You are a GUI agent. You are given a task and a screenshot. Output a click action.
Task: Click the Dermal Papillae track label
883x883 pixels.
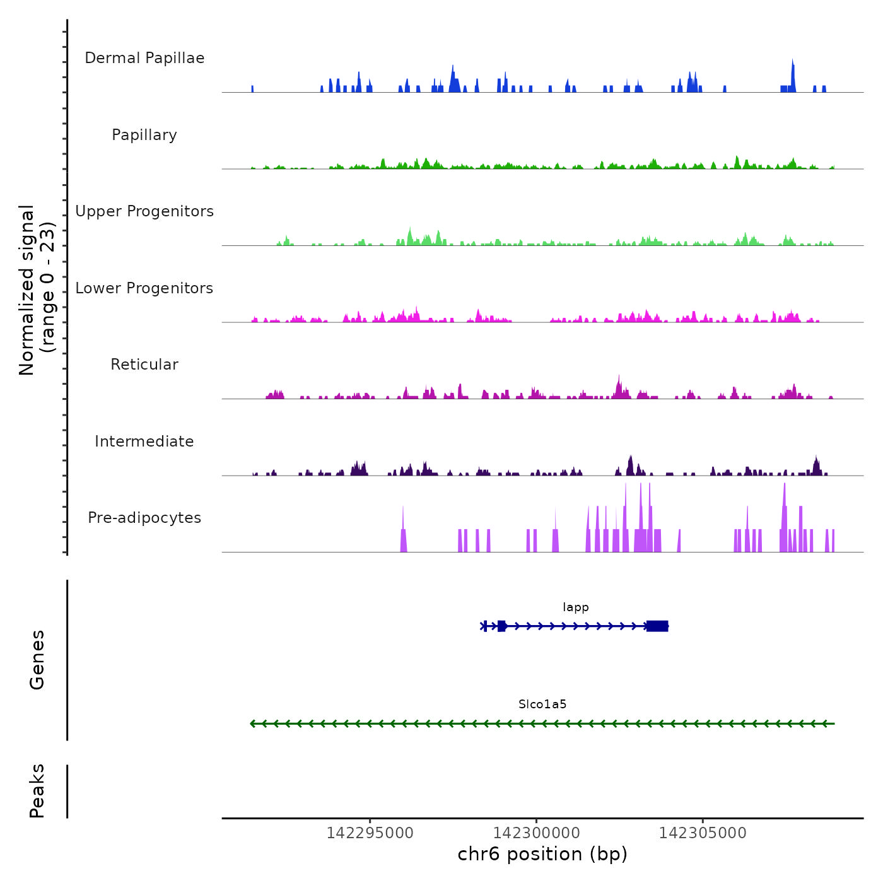click(x=144, y=58)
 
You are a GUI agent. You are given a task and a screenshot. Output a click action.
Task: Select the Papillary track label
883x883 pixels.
click(x=144, y=135)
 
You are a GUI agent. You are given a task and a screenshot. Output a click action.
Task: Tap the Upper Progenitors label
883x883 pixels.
click(x=144, y=211)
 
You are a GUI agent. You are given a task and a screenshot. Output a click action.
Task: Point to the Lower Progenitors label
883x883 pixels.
click(x=144, y=288)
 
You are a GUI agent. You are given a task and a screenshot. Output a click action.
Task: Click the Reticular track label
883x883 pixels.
click(x=144, y=365)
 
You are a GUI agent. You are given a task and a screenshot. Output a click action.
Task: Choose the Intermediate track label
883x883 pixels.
click(x=144, y=441)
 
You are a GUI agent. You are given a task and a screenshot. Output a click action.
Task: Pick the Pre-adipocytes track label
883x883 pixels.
click(x=144, y=518)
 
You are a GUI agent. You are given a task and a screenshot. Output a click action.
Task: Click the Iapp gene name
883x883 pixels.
click(x=576, y=607)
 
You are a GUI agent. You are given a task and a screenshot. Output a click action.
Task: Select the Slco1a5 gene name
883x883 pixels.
click(x=542, y=705)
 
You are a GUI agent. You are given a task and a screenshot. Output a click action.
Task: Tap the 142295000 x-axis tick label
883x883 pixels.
click(x=370, y=833)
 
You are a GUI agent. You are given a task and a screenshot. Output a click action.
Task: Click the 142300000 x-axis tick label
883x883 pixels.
click(x=536, y=833)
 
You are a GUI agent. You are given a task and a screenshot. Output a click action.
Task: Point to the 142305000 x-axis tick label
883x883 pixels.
click(x=703, y=833)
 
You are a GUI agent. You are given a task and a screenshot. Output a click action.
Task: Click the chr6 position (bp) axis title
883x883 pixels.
click(x=542, y=854)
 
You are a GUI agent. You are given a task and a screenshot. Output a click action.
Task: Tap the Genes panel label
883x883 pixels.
click(x=37, y=660)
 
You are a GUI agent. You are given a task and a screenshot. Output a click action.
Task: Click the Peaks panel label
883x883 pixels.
click(x=37, y=791)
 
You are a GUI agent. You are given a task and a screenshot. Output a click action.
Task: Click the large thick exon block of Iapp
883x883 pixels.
click(x=657, y=626)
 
